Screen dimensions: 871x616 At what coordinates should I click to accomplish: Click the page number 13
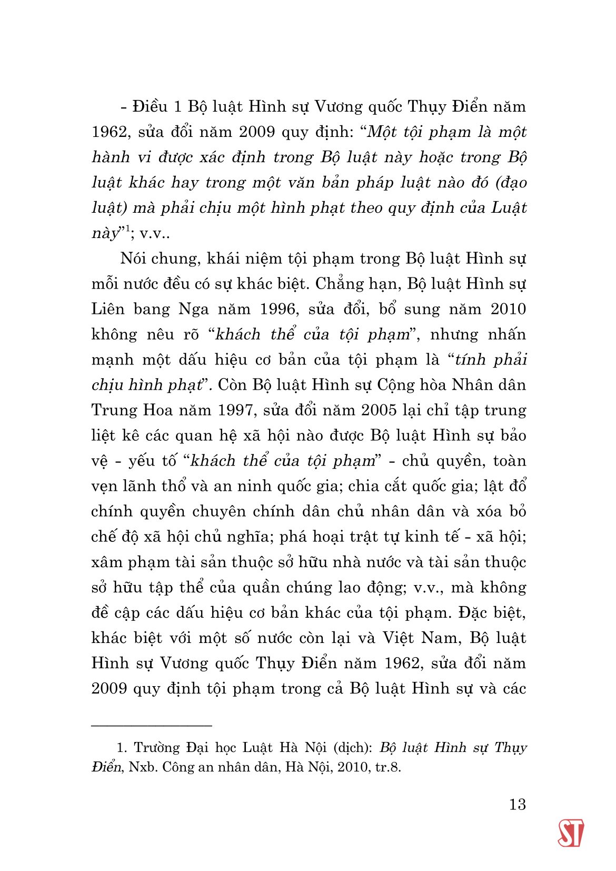518,804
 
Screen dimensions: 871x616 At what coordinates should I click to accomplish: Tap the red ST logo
571,833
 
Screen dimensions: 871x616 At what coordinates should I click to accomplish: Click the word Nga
193,309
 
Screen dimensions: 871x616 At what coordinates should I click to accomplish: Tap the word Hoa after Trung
157,410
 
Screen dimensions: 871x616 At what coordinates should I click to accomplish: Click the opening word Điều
150,107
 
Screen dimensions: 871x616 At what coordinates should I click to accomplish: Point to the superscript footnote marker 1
127,229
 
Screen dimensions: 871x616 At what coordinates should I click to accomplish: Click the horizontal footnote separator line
152,726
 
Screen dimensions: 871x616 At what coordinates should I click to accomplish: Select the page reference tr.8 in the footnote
388,767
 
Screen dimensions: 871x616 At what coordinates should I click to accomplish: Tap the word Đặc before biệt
473,612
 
